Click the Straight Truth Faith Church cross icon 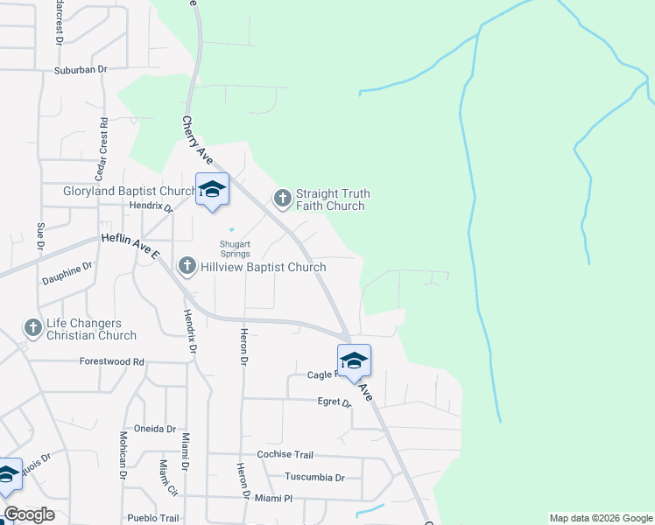282,199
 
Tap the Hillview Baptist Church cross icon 187,265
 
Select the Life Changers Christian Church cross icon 33,328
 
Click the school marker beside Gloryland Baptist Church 212,189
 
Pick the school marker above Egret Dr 354,360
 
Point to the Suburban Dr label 80,69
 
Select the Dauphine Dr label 67,274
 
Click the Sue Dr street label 40,236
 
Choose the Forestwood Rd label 111,361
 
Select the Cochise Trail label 285,455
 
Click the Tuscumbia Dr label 315,477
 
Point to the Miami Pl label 274,498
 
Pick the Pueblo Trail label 153,517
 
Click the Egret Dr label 334,402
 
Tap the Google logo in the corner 29,514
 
